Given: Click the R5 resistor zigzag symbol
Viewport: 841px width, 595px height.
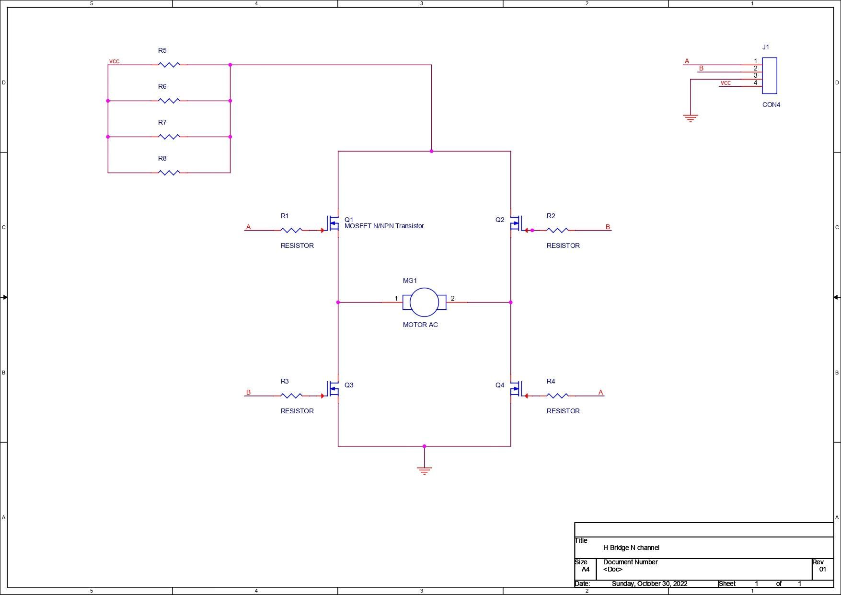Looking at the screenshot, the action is pos(169,65).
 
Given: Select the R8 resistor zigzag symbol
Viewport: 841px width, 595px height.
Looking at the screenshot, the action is pos(169,173).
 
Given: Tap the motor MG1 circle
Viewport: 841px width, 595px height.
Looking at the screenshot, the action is pos(425,303).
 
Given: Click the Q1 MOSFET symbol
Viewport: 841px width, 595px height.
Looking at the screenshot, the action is pos(333,223).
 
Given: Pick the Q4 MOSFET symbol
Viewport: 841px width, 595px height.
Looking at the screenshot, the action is pos(516,389).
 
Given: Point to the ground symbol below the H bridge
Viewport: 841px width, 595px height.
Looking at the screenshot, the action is pos(425,470).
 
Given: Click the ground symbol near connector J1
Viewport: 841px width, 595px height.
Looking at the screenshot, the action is pos(691,118).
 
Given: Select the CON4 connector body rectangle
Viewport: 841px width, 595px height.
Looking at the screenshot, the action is pos(770,76).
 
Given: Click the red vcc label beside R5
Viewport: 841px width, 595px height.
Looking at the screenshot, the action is pos(114,61).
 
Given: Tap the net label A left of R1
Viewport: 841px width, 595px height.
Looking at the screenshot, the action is pos(248,227).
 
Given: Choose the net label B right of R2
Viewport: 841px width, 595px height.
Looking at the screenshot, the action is pos(608,227).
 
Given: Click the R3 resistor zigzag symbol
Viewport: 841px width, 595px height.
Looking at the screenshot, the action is pos(291,396).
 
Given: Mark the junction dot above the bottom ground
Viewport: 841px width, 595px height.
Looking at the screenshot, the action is pos(424,446).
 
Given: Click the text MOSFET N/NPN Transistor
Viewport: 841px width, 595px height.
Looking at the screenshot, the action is pos(384,226).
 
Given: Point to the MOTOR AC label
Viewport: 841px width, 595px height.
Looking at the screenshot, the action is pos(420,325).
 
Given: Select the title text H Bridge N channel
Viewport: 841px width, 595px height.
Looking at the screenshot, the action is pos(631,548).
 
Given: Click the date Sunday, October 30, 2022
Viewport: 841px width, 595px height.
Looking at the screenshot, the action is pos(649,583).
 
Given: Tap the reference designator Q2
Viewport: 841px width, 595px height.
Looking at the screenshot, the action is pos(500,220).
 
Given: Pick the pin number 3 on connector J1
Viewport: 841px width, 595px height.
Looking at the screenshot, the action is pos(755,75).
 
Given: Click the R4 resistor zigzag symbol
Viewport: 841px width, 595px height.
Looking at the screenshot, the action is pos(557,396).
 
